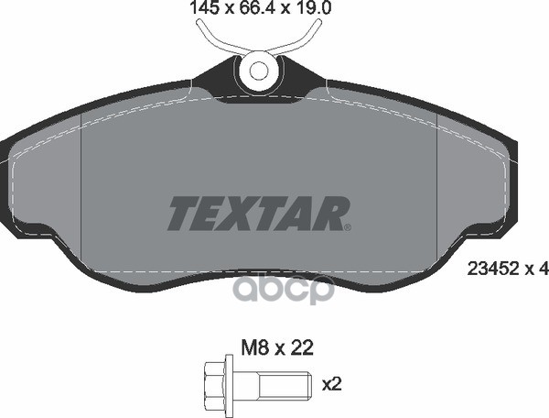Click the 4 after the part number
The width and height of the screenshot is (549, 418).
click(543, 269)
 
